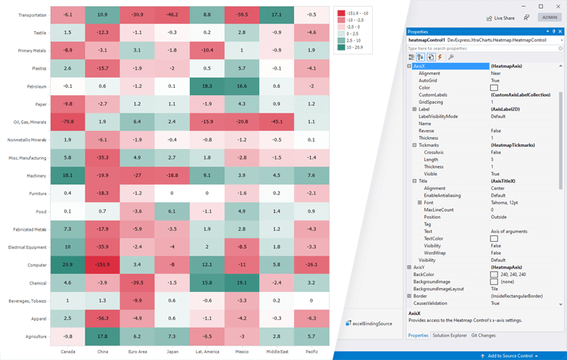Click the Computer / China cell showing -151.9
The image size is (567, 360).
tap(102, 265)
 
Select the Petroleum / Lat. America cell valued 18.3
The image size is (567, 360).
tap(206, 86)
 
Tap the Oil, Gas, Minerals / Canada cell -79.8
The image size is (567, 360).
tap(68, 122)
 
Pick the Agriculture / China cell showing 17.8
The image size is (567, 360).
tap(102, 336)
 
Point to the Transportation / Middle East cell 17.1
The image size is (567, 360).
tap(276, 15)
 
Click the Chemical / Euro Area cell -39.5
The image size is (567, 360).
tap(137, 282)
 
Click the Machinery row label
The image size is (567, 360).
tap(36, 175)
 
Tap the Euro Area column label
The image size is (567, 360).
tap(137, 351)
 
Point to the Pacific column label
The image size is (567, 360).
tap(311, 351)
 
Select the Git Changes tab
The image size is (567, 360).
tap(483, 335)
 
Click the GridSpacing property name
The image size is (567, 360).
tap(430, 101)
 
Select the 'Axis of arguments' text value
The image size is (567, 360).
tap(507, 231)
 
